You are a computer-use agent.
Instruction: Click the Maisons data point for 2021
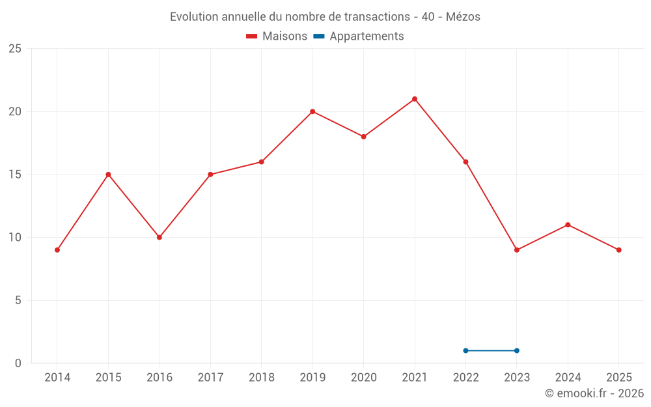[x=415, y=99]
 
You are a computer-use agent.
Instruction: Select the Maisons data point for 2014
[x=57, y=250]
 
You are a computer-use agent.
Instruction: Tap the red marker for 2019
[x=312, y=111]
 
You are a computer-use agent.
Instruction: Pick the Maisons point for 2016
[x=159, y=237]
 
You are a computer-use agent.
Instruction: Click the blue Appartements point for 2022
[x=465, y=350]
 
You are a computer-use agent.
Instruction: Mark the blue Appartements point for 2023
[x=517, y=350]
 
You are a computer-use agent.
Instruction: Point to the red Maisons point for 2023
[x=517, y=250]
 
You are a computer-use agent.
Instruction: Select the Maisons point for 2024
[x=568, y=225]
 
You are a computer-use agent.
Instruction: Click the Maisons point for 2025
[x=618, y=250]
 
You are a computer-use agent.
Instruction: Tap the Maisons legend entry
[x=277, y=36]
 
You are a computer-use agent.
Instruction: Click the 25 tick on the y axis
[x=15, y=49]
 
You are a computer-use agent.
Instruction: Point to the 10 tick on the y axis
[x=15, y=237]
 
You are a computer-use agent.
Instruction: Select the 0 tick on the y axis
[x=18, y=363]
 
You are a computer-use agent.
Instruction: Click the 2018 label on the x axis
[x=261, y=378]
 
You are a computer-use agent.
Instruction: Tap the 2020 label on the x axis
[x=363, y=378]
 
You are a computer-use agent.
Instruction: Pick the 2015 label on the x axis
[x=108, y=378]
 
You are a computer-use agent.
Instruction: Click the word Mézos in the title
[x=464, y=17]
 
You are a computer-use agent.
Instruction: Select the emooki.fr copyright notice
[x=594, y=393]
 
